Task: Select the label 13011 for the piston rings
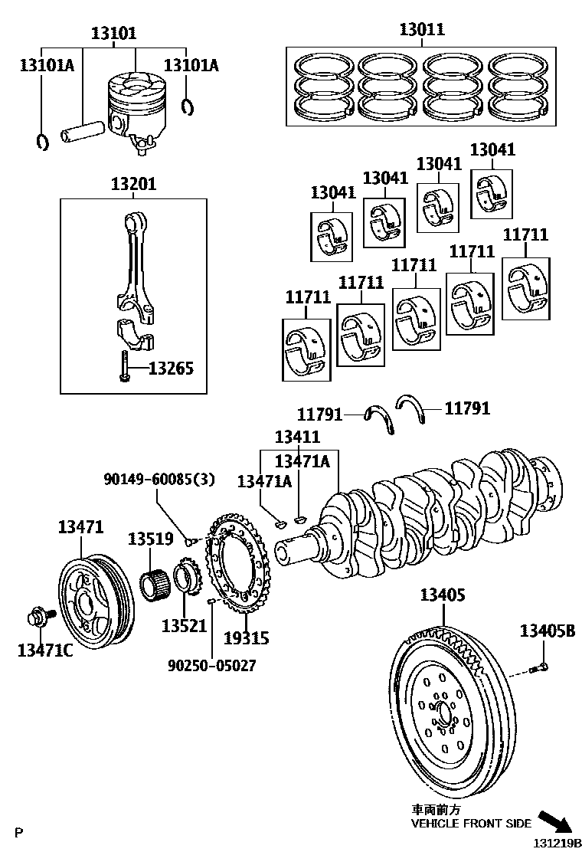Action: [421, 30]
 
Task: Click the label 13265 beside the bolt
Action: [171, 369]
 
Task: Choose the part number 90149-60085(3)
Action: [159, 480]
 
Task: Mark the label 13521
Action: [184, 625]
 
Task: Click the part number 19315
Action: [247, 637]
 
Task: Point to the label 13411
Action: [298, 437]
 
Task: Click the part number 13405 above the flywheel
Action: [442, 595]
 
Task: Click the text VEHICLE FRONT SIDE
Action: [471, 824]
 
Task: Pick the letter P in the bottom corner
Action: [19, 831]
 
